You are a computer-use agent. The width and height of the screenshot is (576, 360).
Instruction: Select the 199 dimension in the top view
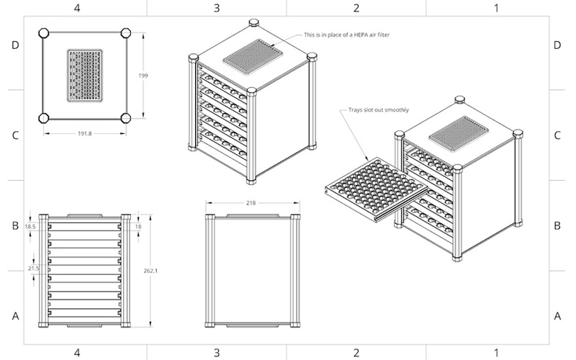point(143,75)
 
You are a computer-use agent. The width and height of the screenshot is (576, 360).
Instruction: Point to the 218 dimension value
point(251,204)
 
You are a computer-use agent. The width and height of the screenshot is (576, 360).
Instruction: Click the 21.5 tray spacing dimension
point(32,268)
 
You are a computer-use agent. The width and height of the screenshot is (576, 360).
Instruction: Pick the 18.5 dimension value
point(30,226)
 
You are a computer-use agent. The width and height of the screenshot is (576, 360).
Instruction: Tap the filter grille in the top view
point(85,75)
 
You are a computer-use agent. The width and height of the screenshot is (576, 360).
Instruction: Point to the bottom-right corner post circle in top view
point(126,117)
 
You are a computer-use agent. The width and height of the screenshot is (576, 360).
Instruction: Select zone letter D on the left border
point(14,45)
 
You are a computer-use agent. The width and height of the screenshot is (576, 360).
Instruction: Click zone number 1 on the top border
point(496,7)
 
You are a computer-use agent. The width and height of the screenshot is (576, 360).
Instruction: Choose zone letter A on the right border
point(558,315)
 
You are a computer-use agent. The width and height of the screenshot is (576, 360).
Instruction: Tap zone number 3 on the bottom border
point(217,353)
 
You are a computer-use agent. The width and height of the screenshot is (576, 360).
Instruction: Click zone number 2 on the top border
point(356,7)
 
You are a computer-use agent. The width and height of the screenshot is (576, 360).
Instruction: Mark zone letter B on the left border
point(14,225)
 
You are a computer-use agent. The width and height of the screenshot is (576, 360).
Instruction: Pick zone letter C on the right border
point(558,135)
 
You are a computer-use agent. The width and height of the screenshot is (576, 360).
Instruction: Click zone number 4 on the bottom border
point(77,353)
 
